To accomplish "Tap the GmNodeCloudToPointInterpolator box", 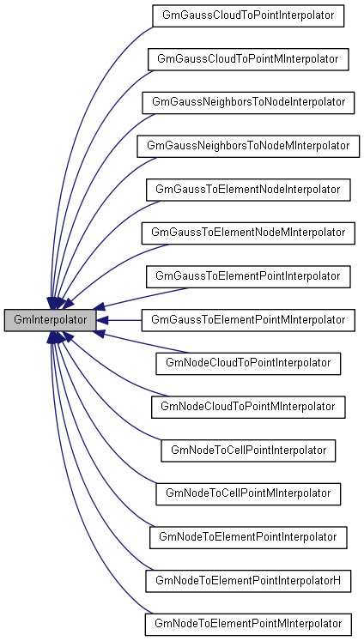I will (x=247, y=363).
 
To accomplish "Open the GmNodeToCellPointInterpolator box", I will (x=247, y=450).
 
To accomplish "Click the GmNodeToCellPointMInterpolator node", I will (x=247, y=493).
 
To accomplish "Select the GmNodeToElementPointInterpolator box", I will (x=247, y=537).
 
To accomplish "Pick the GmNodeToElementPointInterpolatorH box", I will (x=247, y=581).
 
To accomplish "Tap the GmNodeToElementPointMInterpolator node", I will (x=247, y=624).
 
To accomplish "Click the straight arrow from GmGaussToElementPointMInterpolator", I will (x=120, y=319).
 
